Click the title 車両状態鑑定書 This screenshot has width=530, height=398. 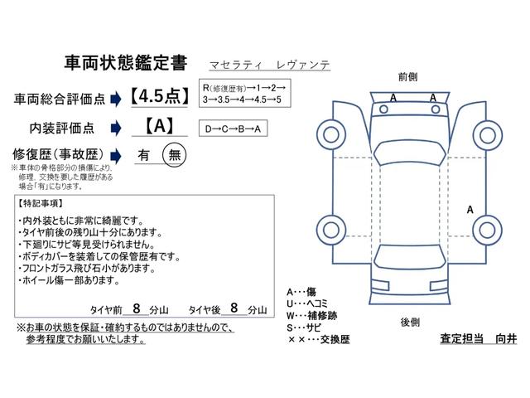click(x=125, y=64)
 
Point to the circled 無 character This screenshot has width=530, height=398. click(x=174, y=154)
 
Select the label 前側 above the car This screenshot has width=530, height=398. click(x=407, y=77)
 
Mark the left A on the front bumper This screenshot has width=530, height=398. click(x=393, y=98)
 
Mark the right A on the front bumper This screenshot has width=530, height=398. click(x=433, y=98)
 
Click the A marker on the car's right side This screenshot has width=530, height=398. click(x=470, y=211)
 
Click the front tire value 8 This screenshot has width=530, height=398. click(x=136, y=308)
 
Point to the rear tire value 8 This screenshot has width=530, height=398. click(x=234, y=308)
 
